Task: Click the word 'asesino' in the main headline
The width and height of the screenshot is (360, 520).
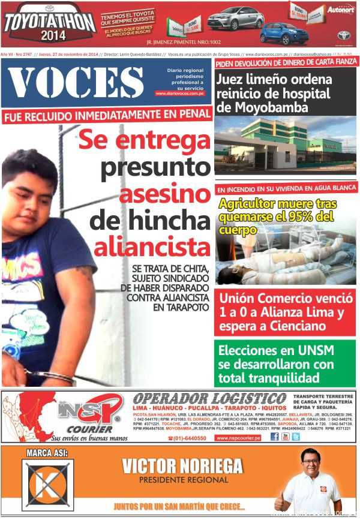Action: pos(164,193)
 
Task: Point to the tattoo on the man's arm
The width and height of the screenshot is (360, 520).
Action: pos(83,273)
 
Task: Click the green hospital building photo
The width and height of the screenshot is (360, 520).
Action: pos(285,144)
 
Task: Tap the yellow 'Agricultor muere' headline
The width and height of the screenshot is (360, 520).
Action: pos(276,216)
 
